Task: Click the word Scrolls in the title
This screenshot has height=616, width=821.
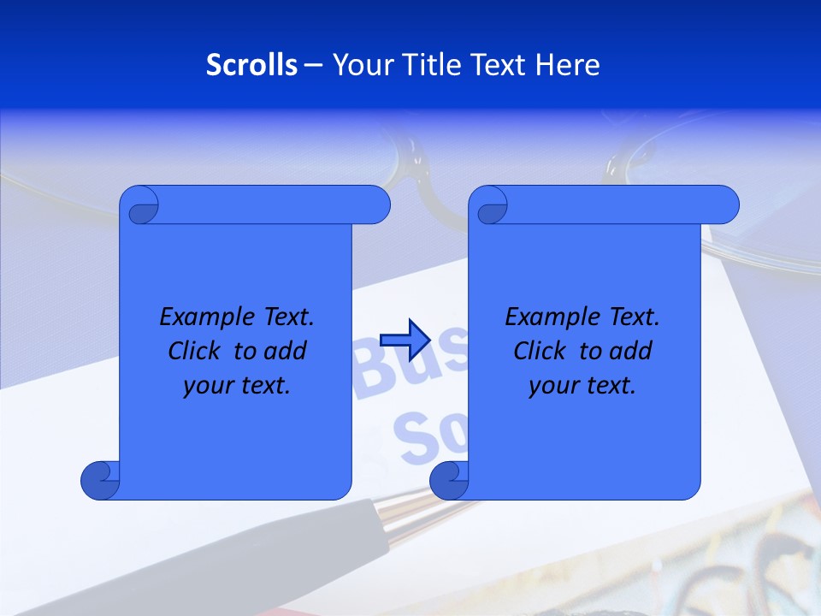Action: [x=251, y=65]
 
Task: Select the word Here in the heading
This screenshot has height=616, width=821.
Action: [x=567, y=65]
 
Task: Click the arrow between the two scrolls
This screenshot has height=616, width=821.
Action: [x=405, y=340]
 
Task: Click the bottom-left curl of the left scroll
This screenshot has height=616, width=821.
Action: [x=100, y=480]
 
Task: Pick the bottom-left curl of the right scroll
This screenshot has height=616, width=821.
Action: [x=449, y=480]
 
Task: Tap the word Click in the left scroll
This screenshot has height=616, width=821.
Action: [x=196, y=351]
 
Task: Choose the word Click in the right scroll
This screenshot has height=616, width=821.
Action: [x=540, y=351]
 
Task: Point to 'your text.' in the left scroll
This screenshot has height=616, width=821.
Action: [x=237, y=386]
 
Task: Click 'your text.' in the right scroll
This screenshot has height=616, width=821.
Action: [x=582, y=386]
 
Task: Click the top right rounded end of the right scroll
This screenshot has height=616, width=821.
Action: [x=724, y=205]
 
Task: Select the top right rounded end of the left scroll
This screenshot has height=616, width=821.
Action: [x=375, y=205]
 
